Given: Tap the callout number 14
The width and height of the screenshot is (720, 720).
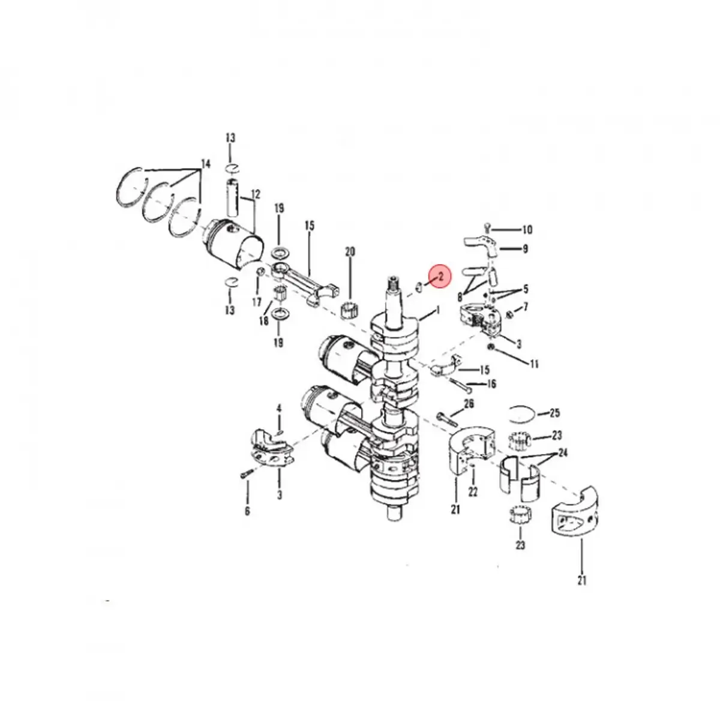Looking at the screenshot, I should (x=206, y=163).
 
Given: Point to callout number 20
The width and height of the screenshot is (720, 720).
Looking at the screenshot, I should (x=350, y=252).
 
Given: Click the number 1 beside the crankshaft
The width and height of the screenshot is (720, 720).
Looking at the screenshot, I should (x=438, y=310).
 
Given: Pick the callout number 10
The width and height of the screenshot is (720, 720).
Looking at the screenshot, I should (x=527, y=230).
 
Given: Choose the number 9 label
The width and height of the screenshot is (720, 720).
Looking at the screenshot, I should (x=524, y=248).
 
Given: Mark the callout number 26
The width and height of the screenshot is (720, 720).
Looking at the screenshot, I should (x=469, y=404).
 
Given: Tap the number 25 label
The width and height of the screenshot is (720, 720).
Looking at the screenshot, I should (x=554, y=413).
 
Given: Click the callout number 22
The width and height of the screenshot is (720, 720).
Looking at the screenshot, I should (x=473, y=491).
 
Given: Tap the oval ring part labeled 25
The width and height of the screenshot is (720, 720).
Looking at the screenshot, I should (x=520, y=413).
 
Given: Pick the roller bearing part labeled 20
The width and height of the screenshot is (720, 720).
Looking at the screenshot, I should (x=349, y=311).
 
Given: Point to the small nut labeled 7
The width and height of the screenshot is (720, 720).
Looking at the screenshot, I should (x=509, y=314).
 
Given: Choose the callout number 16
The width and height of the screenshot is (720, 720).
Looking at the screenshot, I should (x=491, y=384).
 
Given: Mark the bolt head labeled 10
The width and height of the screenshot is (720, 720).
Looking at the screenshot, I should (x=488, y=227).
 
